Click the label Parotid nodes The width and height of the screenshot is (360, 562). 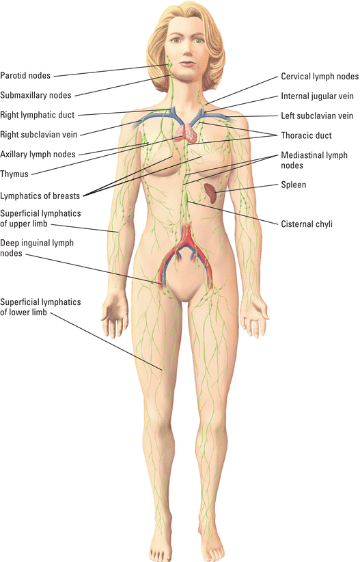coord(25,76)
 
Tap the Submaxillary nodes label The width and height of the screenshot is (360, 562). coord(36,95)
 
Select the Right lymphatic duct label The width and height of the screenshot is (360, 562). coord(38,115)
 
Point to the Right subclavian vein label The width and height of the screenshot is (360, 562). coord(39,135)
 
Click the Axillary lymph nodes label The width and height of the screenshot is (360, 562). coord(38,155)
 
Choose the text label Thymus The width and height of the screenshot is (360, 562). coord(14,174)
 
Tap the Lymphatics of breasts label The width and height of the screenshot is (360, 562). coord(40,196)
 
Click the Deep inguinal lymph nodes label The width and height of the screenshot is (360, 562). coord(37,248)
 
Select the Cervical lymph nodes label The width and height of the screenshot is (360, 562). coord(320,77)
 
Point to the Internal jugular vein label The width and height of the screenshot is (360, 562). coord(317,96)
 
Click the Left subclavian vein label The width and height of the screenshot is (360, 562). coord(317,116)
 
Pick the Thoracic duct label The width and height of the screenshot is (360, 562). coord(306,135)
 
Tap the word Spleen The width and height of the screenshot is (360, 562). coord(293,185)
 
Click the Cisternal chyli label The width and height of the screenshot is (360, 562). coord(307,224)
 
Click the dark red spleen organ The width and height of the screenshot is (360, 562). coord(210,193)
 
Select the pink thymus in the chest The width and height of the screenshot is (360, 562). coord(186,133)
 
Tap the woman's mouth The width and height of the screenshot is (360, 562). coord(186,64)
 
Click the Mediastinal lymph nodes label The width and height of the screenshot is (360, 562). coord(314,160)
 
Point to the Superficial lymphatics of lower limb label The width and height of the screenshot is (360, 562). coord(40,307)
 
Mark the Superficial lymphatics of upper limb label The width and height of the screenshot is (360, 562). coord(40,219)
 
